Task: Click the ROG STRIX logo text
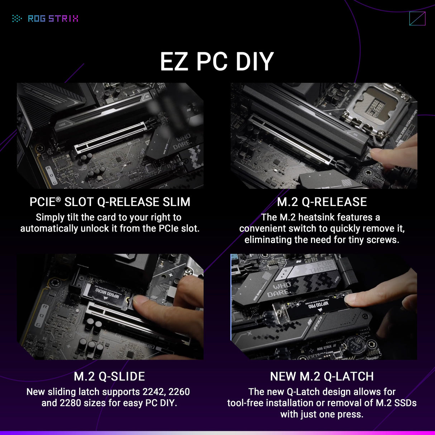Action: [53, 19]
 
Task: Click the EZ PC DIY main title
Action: [217, 62]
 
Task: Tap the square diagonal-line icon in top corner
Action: [417, 19]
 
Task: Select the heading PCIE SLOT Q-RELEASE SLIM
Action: [110, 202]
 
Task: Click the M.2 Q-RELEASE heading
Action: [322, 202]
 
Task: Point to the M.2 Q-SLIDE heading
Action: [109, 377]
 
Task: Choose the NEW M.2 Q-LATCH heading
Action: [322, 377]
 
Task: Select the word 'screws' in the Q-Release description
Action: [382, 240]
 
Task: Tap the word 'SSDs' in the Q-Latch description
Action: [405, 403]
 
